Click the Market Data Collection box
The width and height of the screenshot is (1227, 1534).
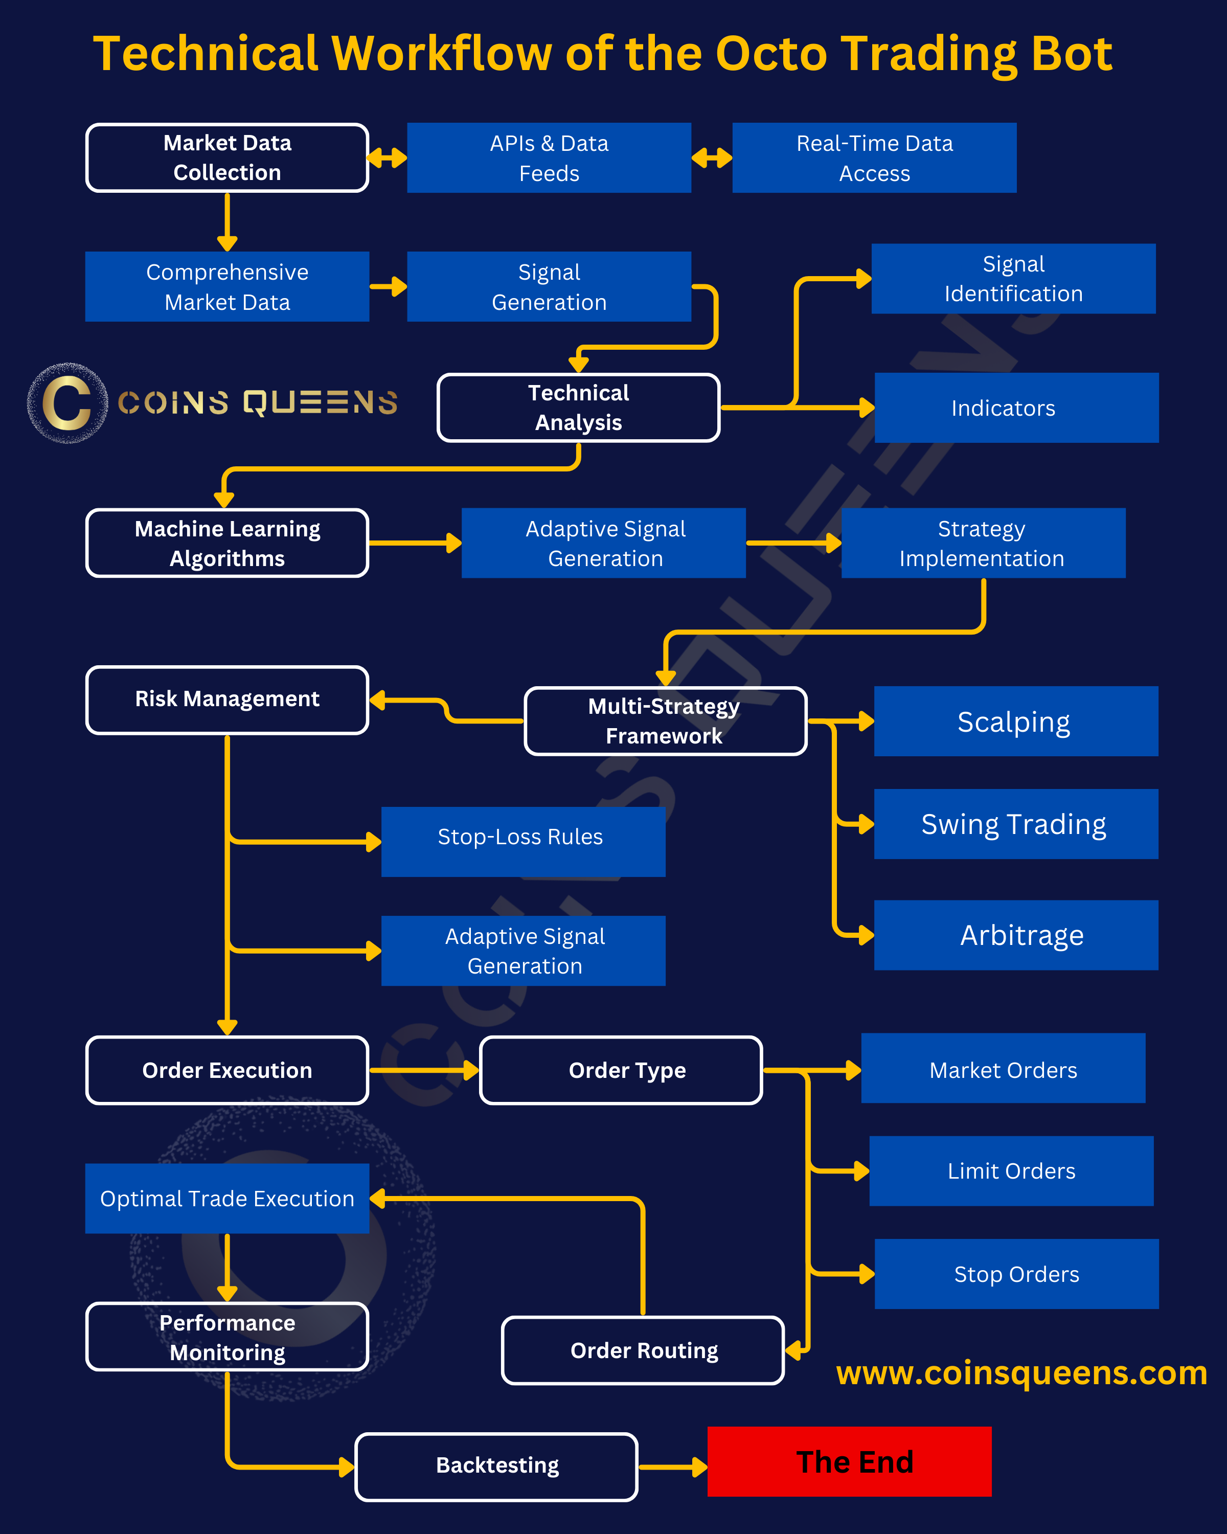click(x=227, y=158)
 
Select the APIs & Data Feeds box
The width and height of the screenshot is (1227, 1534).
click(x=549, y=158)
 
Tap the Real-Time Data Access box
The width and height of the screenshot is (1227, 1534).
click(x=874, y=158)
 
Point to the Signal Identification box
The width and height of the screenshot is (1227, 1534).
click(x=1014, y=279)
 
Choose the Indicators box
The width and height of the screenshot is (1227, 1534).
click(x=1016, y=408)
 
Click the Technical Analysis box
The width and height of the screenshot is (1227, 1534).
click(x=578, y=408)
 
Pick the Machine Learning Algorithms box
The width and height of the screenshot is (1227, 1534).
click(x=227, y=543)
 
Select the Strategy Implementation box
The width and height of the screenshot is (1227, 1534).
click(x=983, y=543)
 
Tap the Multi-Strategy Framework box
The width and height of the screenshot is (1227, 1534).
click(x=665, y=721)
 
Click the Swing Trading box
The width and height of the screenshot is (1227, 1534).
click(x=1016, y=824)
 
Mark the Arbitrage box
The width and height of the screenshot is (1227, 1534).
click(x=1016, y=935)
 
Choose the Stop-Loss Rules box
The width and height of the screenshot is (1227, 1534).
click(x=523, y=842)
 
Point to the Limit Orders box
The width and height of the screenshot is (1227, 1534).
click(x=1011, y=1171)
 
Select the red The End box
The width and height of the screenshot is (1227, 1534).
click(x=849, y=1461)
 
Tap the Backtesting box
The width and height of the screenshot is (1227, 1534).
click(x=496, y=1467)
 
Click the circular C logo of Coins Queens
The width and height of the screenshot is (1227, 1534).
click(x=67, y=403)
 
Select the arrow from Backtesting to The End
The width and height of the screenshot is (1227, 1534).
click(x=673, y=1467)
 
